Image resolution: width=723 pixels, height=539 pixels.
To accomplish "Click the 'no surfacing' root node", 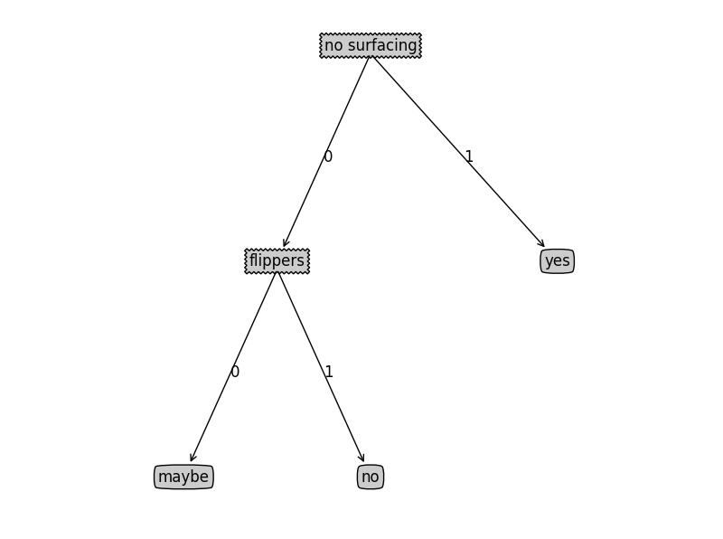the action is tap(371, 45).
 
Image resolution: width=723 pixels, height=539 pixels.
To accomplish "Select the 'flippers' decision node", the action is tap(277, 261).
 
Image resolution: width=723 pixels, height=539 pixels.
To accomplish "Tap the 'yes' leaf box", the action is tap(557, 261).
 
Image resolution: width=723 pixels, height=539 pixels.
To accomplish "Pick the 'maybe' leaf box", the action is tap(183, 477).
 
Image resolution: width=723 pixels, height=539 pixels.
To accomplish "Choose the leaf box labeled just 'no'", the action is tap(371, 477).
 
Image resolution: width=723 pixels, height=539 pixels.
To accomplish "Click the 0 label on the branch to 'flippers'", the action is tap(328, 156).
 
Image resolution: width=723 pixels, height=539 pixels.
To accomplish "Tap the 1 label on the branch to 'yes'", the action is tap(468, 156).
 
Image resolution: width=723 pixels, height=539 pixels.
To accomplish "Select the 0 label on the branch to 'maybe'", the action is tap(235, 372).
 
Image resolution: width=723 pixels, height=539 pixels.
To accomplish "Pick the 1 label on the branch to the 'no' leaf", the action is tap(329, 372).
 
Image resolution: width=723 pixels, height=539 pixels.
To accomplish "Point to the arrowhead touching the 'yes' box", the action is tap(541, 243).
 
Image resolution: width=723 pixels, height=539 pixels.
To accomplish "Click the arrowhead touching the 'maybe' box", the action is tap(192, 458).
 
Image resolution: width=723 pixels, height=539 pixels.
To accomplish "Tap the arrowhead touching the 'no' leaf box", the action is tap(361, 458).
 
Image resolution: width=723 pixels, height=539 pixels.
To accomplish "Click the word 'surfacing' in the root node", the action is tap(382, 45).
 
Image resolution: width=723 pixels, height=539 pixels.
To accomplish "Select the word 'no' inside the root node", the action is tap(333, 45).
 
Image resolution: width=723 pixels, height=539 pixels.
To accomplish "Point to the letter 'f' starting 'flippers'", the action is tap(252, 261).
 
